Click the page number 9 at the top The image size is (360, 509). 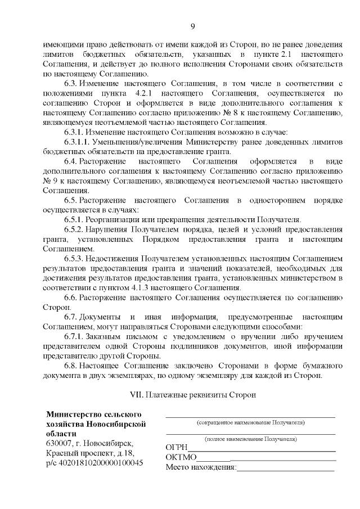[192, 26]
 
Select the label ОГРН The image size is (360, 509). [177, 447]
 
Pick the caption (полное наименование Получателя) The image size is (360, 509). [251, 438]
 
